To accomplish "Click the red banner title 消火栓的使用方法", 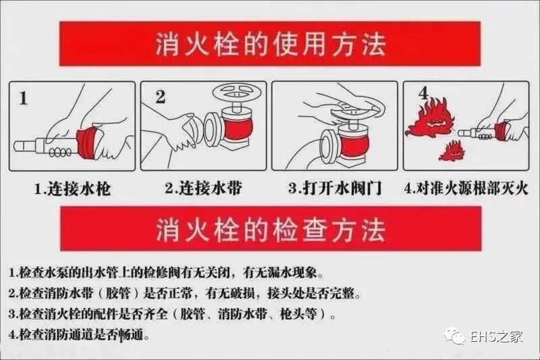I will [271, 45].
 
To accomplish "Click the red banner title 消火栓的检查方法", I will [271, 230].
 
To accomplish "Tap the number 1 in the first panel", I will [22, 99].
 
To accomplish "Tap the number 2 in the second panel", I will [161, 97].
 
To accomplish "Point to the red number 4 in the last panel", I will [423, 95].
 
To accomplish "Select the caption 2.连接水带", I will [202, 188].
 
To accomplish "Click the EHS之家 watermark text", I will [500, 336].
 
